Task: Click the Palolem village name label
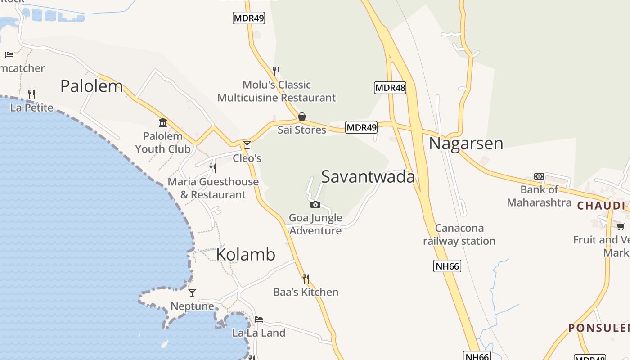(x=91, y=86)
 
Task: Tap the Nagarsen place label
(x=466, y=144)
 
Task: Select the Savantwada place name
(x=368, y=177)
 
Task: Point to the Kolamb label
(x=246, y=255)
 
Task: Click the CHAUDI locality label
(x=601, y=206)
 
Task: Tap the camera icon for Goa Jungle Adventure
(x=315, y=205)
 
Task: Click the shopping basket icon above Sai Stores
(x=302, y=117)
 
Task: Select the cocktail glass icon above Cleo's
(x=247, y=145)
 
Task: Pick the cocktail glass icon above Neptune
(x=192, y=293)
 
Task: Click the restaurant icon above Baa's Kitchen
(x=306, y=279)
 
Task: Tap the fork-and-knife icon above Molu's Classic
(x=276, y=71)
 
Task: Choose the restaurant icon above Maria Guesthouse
(x=213, y=168)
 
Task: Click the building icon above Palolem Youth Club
(x=163, y=122)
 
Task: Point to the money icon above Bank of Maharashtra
(x=539, y=176)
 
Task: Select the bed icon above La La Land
(x=259, y=319)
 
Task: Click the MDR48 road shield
(x=390, y=88)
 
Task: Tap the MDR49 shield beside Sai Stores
(x=361, y=128)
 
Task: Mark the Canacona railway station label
(x=459, y=235)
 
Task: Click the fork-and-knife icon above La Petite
(x=31, y=94)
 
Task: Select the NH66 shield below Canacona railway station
(x=447, y=266)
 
